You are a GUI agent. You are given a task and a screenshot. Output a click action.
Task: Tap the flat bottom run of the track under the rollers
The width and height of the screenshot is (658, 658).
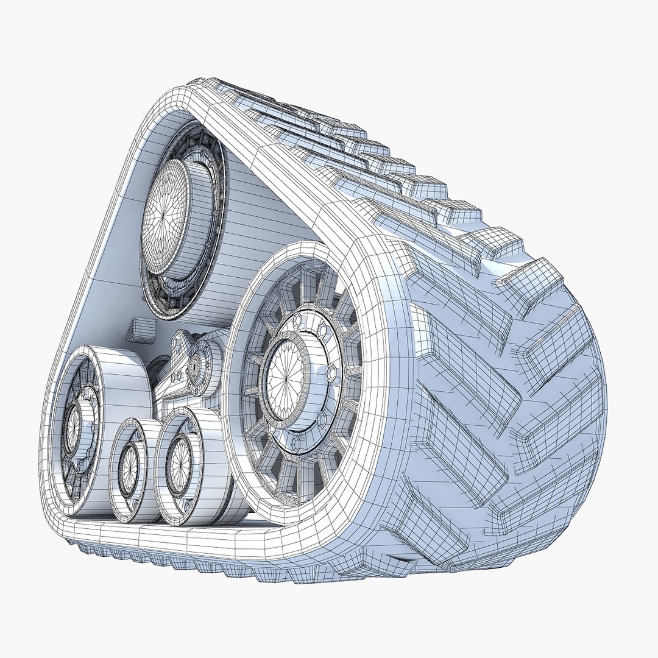tap(183, 539)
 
